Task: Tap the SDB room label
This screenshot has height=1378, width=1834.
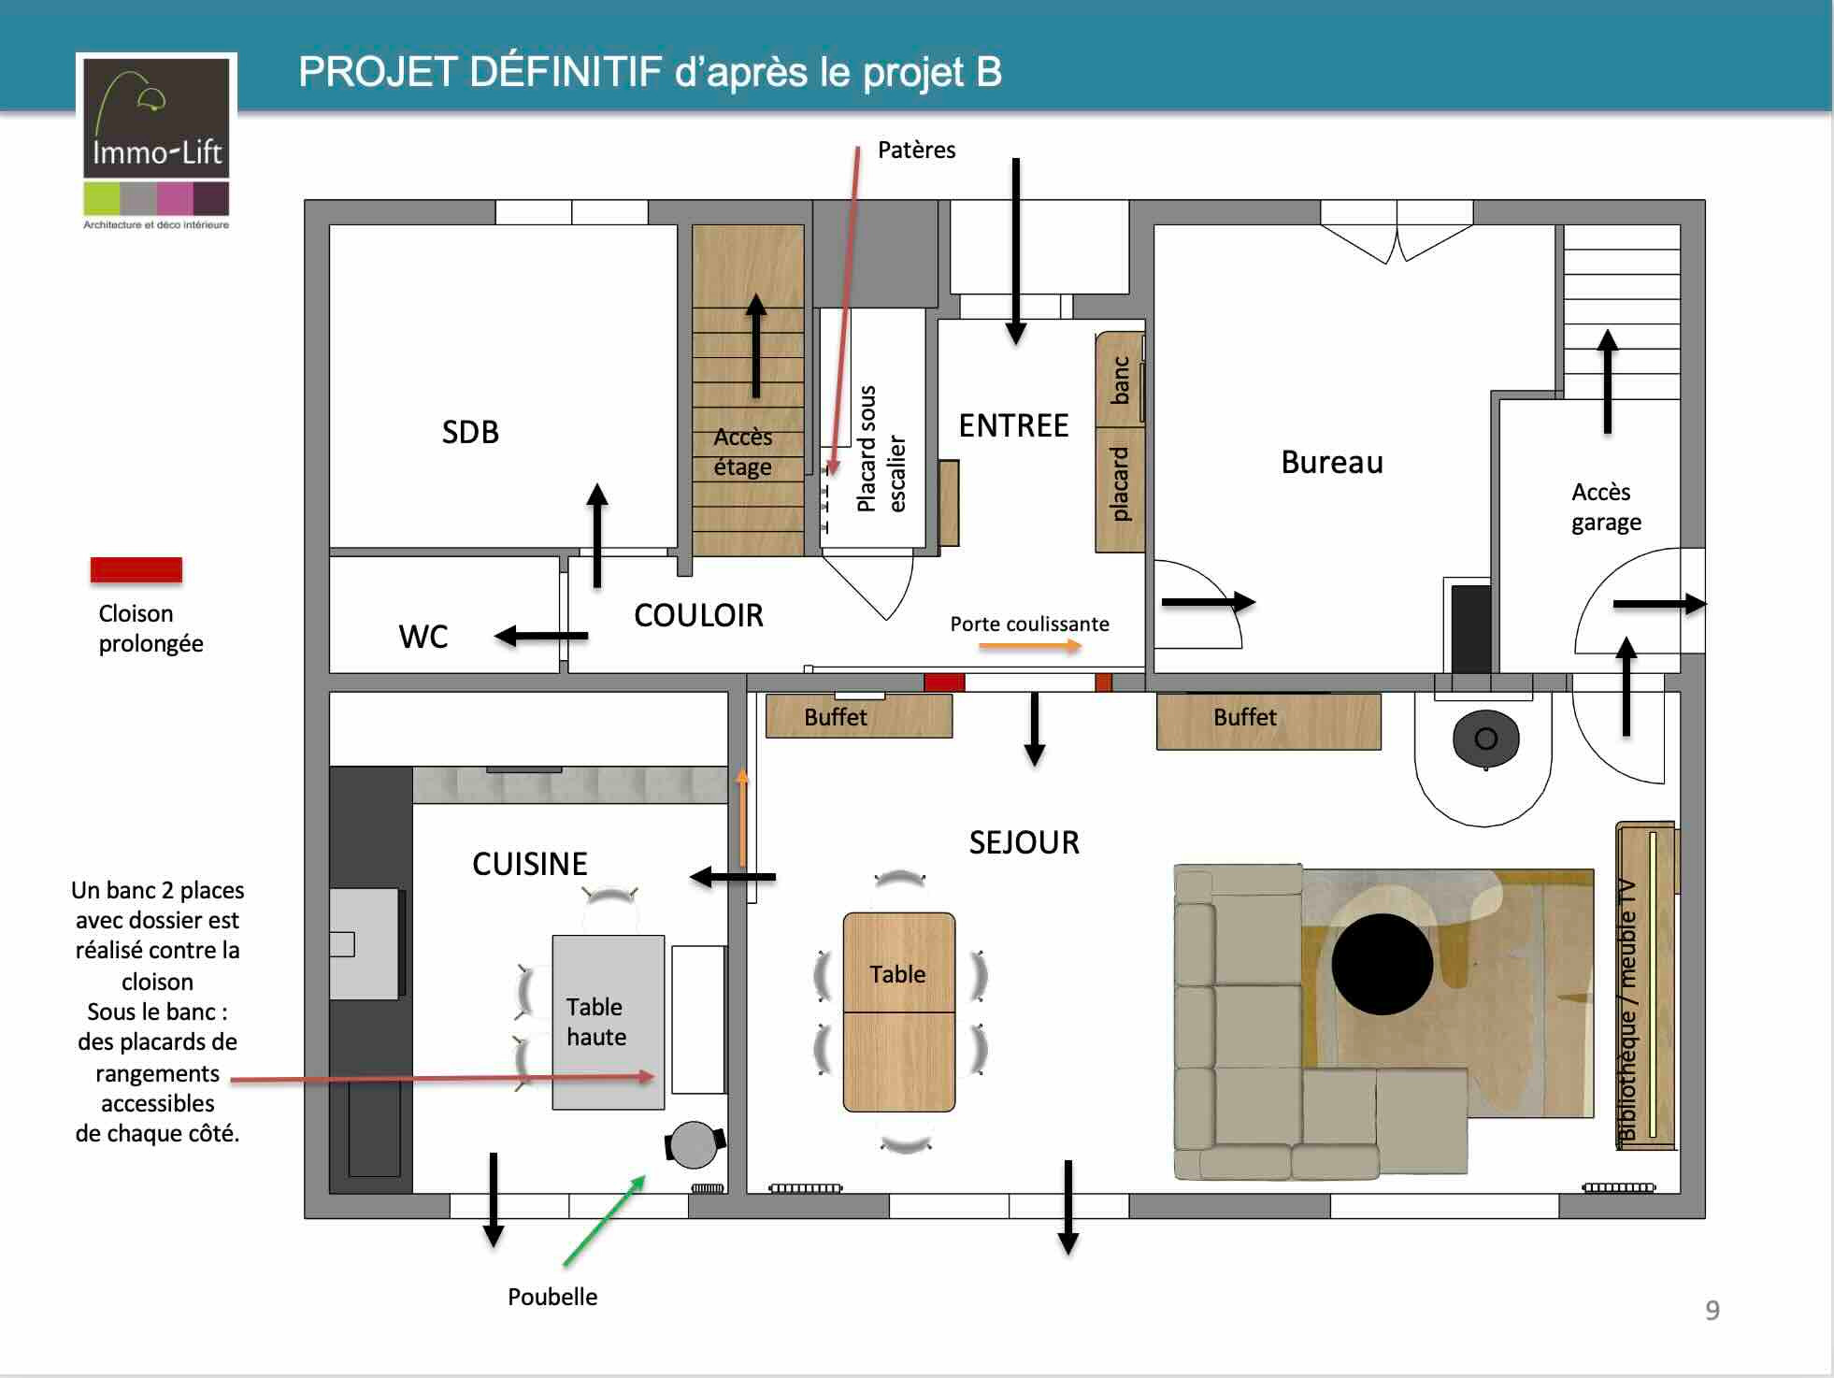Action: click(x=470, y=432)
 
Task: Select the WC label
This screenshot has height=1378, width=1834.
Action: click(x=423, y=637)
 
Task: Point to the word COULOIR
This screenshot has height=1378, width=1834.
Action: click(x=698, y=615)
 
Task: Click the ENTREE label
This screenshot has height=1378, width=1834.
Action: click(x=1013, y=425)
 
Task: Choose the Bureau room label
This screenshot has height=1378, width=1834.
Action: click(x=1332, y=462)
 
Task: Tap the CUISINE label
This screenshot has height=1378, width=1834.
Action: click(x=530, y=864)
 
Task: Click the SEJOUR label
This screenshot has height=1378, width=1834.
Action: click(x=1024, y=842)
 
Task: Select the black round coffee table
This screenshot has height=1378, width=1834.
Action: click(x=1382, y=964)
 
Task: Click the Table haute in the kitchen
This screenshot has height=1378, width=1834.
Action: click(x=608, y=1022)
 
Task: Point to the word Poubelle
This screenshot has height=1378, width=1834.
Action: click(x=552, y=1297)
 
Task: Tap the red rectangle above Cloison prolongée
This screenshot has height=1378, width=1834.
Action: click(x=136, y=569)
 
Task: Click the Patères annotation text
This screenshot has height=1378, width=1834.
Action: click(x=917, y=150)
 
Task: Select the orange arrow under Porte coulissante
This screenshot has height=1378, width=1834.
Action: click(x=1030, y=646)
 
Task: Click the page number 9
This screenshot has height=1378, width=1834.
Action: click(x=1712, y=1310)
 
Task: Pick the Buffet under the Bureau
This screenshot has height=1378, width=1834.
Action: click(x=1268, y=721)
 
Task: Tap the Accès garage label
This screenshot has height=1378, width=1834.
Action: click(x=1606, y=507)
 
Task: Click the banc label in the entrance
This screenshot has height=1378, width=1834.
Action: click(x=1120, y=380)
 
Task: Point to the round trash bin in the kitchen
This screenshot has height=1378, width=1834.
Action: click(x=695, y=1144)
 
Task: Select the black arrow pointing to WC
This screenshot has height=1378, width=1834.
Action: click(x=541, y=637)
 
